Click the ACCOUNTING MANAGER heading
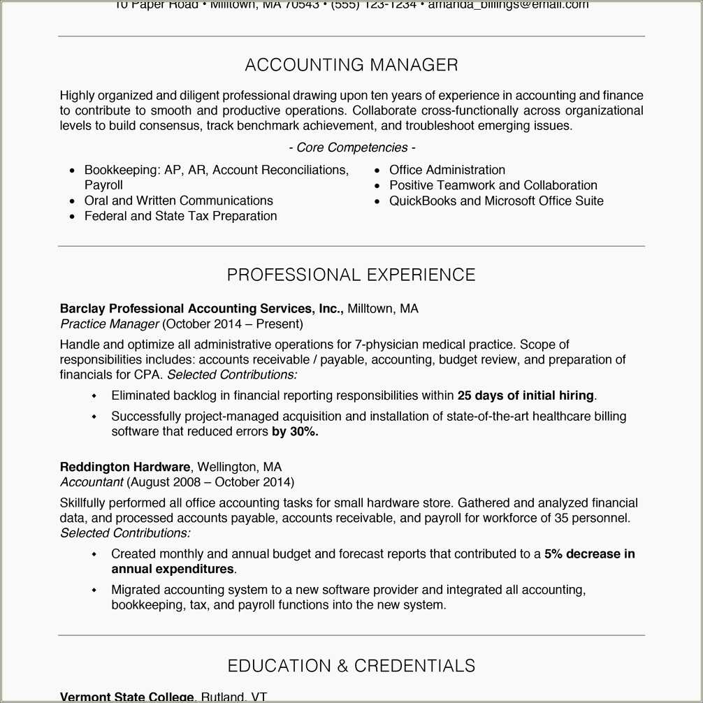[x=351, y=65]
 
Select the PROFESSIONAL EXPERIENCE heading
[x=351, y=275]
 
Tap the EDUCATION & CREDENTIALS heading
[x=351, y=665]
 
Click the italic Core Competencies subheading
[x=351, y=147]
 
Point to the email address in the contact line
[x=508, y=5]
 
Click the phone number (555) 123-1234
[x=373, y=5]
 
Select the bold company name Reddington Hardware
[x=125, y=467]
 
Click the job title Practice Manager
[x=110, y=324]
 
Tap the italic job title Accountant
[x=92, y=482]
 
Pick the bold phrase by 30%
[x=295, y=432]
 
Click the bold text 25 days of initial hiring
[x=526, y=396]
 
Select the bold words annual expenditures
[x=173, y=569]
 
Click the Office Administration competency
[x=447, y=170]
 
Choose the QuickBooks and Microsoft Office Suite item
[x=496, y=201]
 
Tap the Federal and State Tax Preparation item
[x=180, y=216]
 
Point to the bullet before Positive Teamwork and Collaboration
[x=377, y=186]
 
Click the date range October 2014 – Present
[x=233, y=324]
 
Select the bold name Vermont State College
[x=126, y=697]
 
